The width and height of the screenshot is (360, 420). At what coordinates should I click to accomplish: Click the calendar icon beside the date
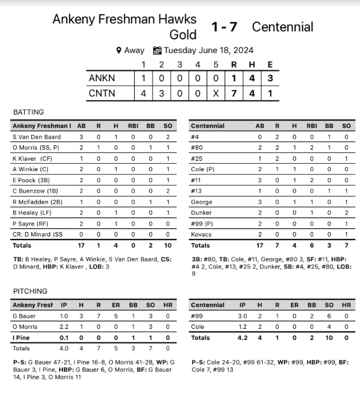pos(157,50)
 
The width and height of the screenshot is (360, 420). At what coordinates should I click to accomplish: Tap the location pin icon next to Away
pos(119,50)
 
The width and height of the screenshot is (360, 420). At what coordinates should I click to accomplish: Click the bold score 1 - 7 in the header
pos(224,27)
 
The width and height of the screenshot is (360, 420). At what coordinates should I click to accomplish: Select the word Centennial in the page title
pos(282,27)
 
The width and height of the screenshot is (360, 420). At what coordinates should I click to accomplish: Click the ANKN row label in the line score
pos(102,78)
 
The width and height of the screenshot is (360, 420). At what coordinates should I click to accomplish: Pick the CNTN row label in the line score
pos(102,94)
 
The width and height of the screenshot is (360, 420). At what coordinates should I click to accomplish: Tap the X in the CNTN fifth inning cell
pos(215,94)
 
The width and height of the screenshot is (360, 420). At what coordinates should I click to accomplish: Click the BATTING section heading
pos(28,112)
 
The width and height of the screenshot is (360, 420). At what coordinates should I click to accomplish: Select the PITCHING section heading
pos(30,291)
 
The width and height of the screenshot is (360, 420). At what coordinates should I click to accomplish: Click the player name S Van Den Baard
pos(36,137)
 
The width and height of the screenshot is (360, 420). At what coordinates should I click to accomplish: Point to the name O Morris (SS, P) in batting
pos(35,148)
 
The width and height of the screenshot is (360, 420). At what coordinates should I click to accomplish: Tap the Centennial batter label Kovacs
pos(200,235)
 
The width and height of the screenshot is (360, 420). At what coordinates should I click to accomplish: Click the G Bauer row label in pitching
pos(24,316)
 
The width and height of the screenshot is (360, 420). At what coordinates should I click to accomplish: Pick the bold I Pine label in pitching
pos(22,337)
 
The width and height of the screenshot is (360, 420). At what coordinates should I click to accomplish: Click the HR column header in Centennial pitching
pos(346,305)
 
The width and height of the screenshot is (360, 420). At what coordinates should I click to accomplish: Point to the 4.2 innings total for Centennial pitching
pos(242,337)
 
